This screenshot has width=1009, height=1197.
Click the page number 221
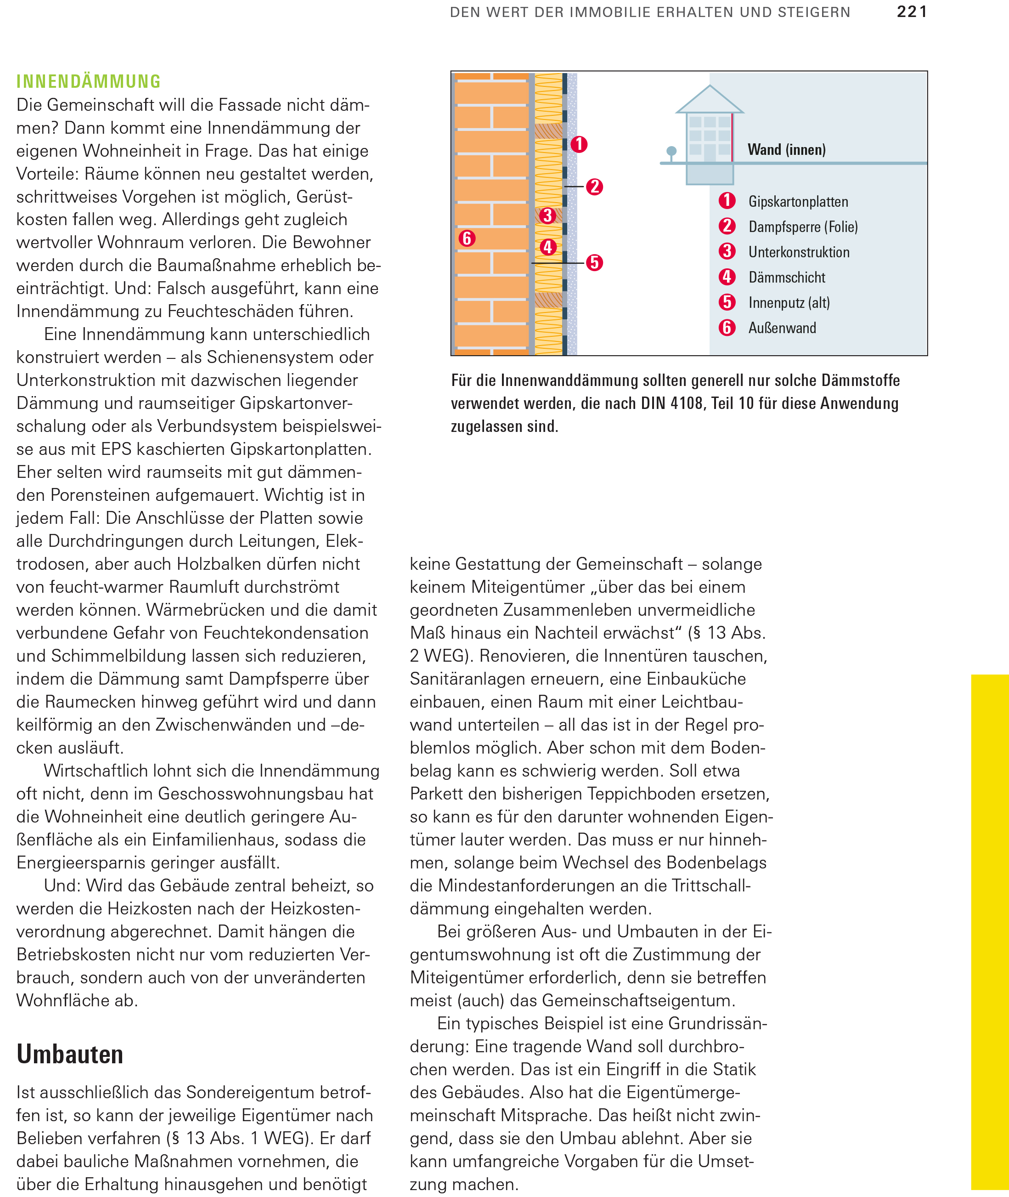pos(911,12)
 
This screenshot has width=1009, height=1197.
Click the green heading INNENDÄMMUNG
pos(89,82)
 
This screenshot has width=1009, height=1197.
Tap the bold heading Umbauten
pos(70,1054)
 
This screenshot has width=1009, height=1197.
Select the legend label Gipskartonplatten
pos(798,202)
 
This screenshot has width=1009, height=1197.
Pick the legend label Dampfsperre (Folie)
pos(802,227)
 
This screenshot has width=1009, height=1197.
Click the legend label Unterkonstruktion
pos(799,252)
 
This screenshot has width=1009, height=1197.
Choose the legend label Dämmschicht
pos(787,278)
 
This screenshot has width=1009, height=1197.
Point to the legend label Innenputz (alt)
pos(789,303)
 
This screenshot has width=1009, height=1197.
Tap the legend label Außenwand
pos(782,328)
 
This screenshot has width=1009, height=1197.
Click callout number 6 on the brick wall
pos(467,238)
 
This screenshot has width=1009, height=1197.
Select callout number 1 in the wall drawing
pos(579,144)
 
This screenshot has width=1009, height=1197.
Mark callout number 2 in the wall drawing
pos(594,187)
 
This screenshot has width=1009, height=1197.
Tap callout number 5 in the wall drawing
pos(594,263)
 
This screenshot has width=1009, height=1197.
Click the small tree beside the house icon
pos(671,152)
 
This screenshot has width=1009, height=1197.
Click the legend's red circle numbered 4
pos(727,277)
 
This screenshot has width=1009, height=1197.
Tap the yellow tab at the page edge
pos(990,933)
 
